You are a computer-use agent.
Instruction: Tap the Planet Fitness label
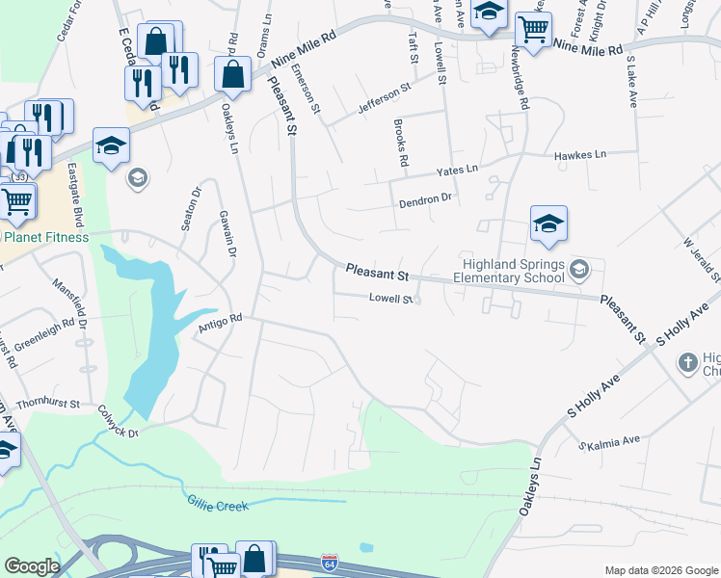coord(44,237)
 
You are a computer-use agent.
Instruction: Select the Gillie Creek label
coord(217,504)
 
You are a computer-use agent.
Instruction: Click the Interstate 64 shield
coord(330,561)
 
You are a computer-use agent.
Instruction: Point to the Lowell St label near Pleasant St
coord(391,299)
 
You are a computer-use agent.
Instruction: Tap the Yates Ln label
coord(457,170)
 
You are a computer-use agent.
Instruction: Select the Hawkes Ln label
coord(579,154)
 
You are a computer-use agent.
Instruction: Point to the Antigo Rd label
coord(218,325)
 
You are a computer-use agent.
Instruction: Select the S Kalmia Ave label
coord(609,443)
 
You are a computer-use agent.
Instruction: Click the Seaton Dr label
coord(189,208)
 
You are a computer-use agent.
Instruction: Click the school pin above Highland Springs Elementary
coord(547,223)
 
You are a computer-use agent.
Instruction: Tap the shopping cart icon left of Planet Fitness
coord(15,199)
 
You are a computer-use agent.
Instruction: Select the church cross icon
coord(686,362)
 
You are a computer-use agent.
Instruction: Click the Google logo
coord(33,565)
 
